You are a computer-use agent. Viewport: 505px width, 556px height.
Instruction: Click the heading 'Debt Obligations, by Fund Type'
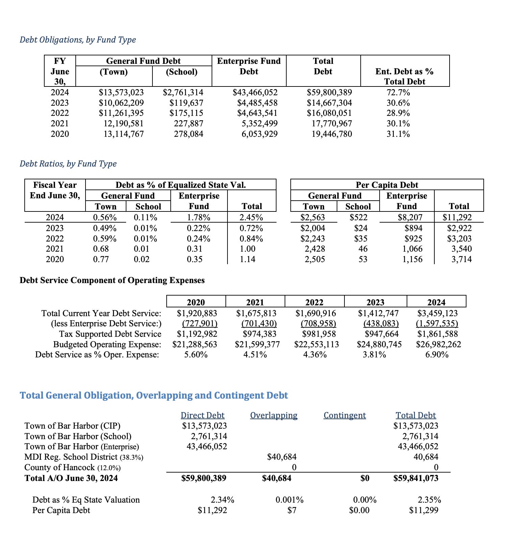click(78, 40)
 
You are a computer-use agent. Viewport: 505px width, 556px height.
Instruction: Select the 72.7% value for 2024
click(398, 93)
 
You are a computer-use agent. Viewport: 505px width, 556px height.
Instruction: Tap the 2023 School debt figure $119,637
click(186, 103)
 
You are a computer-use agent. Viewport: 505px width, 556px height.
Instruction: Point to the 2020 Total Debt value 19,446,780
click(332, 134)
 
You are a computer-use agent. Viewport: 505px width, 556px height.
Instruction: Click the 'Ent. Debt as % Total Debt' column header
click(405, 76)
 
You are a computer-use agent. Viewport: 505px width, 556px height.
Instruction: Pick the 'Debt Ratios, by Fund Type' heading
click(68, 164)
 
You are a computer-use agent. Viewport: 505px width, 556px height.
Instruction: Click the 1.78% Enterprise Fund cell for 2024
click(199, 218)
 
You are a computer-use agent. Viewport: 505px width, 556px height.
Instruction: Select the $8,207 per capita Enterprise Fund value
click(410, 218)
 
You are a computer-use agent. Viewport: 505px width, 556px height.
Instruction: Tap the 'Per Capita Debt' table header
click(387, 185)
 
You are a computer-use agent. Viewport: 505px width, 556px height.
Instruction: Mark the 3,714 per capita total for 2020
click(461, 259)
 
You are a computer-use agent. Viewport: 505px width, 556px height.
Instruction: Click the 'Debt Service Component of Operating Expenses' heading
click(112, 280)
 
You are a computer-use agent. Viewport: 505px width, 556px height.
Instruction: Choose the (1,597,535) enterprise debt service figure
click(437, 324)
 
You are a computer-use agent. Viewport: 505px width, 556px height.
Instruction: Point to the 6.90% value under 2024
click(437, 355)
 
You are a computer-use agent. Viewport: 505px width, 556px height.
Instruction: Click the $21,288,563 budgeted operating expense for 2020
click(195, 345)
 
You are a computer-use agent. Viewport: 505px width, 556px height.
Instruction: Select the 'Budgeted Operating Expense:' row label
click(107, 345)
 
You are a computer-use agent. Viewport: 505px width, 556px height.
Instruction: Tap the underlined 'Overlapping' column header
click(274, 415)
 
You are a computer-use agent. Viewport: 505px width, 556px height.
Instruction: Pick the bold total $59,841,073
click(416, 478)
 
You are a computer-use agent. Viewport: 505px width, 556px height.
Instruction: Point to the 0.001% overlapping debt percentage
click(289, 500)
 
